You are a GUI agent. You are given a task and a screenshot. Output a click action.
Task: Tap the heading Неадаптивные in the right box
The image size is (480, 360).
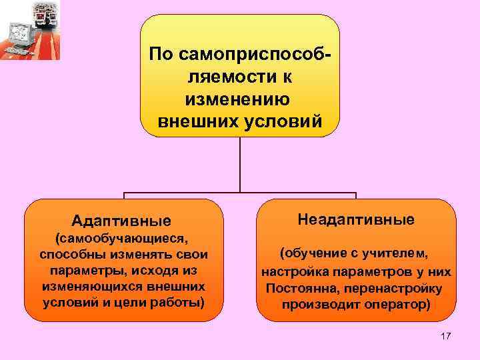[x=356, y=219]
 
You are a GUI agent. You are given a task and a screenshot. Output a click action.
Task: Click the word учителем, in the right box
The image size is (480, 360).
[x=394, y=254]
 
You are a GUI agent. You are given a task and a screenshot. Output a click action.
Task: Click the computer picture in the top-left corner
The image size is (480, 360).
[x=30, y=31]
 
